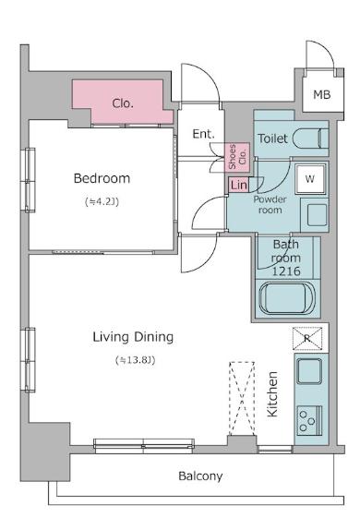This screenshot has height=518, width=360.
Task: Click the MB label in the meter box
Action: click(x=321, y=95)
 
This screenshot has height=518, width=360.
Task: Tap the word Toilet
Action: click(x=272, y=139)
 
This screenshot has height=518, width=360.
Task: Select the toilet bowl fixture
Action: click(x=310, y=139)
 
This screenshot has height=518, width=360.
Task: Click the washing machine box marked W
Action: click(x=310, y=179)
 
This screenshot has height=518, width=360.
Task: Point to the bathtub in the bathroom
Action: click(x=286, y=299)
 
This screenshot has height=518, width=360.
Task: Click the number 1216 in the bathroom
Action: click(x=286, y=271)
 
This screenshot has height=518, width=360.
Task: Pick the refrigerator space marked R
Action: click(x=307, y=338)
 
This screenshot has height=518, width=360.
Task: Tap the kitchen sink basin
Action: click(x=309, y=370)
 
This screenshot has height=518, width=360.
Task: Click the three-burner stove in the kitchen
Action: click(x=309, y=420)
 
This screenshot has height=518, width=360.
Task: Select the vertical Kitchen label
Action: click(x=272, y=393)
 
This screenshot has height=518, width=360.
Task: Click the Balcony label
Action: click(x=200, y=476)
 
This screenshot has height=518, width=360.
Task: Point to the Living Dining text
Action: click(x=133, y=337)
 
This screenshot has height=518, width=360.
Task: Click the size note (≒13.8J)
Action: click(x=136, y=360)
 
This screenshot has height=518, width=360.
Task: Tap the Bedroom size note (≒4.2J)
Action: click(x=102, y=201)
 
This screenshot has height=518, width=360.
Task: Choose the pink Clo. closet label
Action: click(x=123, y=103)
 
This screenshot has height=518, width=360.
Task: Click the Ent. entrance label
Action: click(x=203, y=134)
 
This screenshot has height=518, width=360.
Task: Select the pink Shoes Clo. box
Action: click(x=237, y=157)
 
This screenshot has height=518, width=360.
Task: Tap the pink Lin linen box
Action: click(x=238, y=185)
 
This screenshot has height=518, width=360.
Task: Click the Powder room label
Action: click(x=270, y=204)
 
